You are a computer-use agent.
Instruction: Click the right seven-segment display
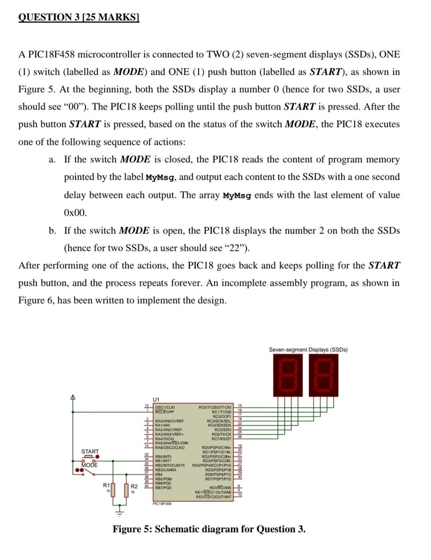click(x=323, y=376)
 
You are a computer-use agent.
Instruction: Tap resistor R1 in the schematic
click(x=113, y=490)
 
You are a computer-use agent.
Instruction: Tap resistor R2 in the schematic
click(x=126, y=490)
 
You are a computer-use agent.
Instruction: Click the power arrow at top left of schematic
click(x=73, y=398)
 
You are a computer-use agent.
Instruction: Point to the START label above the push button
click(x=90, y=451)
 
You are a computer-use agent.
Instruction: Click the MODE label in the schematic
click(x=89, y=465)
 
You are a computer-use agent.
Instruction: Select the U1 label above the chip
click(x=156, y=399)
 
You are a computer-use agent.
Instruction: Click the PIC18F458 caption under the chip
click(x=162, y=504)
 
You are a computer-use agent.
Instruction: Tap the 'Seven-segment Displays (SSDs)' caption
click(x=308, y=350)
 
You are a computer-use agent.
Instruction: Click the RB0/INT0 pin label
click(x=163, y=457)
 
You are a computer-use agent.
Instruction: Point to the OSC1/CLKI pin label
click(x=164, y=408)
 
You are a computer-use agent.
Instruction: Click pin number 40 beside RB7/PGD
click(x=146, y=486)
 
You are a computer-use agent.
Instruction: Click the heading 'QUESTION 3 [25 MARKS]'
click(x=79, y=17)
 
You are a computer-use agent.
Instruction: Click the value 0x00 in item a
click(x=75, y=213)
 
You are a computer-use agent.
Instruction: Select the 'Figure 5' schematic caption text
click(x=209, y=529)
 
